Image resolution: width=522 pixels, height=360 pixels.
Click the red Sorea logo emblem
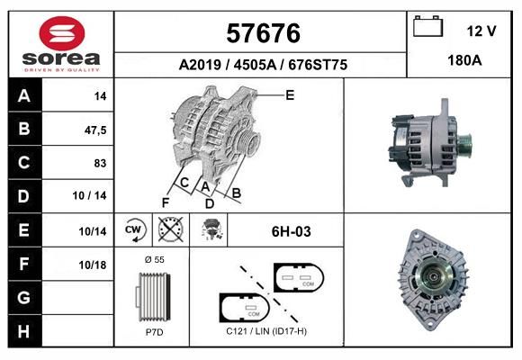[62, 33]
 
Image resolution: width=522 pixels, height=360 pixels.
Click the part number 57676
[263, 33]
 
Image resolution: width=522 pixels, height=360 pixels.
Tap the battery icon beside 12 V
[428, 26]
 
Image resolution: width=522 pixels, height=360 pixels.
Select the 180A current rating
[464, 60]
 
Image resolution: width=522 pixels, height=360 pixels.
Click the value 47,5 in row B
[95, 130]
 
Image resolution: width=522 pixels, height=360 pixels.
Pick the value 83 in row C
[100, 163]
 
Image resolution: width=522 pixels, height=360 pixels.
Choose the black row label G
[24, 297]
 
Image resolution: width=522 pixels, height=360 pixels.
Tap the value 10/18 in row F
[92, 265]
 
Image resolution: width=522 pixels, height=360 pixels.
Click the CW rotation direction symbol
[133, 229]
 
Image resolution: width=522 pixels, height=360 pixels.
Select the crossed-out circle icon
[171, 229]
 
